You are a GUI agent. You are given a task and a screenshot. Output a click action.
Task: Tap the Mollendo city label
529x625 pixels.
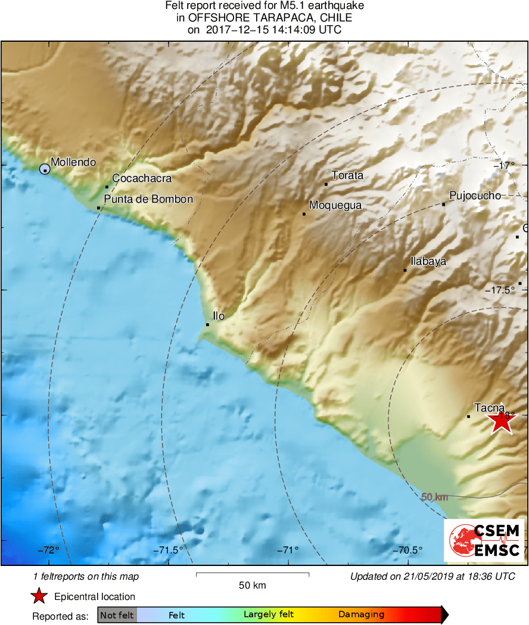(73, 162)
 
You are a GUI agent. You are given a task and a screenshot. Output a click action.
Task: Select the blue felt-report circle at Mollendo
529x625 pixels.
(45, 169)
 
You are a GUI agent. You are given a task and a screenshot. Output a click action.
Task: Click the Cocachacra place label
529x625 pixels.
(142, 178)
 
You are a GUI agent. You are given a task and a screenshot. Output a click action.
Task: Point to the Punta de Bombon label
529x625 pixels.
(148, 199)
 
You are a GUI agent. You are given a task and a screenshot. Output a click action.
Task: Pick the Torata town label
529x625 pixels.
(347, 175)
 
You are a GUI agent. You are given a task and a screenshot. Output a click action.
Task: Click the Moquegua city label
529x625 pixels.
(335, 205)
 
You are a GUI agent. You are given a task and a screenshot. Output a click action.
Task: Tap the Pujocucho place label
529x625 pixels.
(475, 196)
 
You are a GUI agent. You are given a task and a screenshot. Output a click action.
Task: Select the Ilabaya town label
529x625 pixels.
(428, 261)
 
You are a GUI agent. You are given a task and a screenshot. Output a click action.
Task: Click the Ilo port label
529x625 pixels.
(219, 315)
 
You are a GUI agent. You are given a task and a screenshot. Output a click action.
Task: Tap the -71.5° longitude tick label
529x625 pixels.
(169, 550)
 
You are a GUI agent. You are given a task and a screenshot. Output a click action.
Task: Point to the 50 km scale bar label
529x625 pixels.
(251, 585)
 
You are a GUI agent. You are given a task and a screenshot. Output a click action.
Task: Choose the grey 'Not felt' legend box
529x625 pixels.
(117, 615)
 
